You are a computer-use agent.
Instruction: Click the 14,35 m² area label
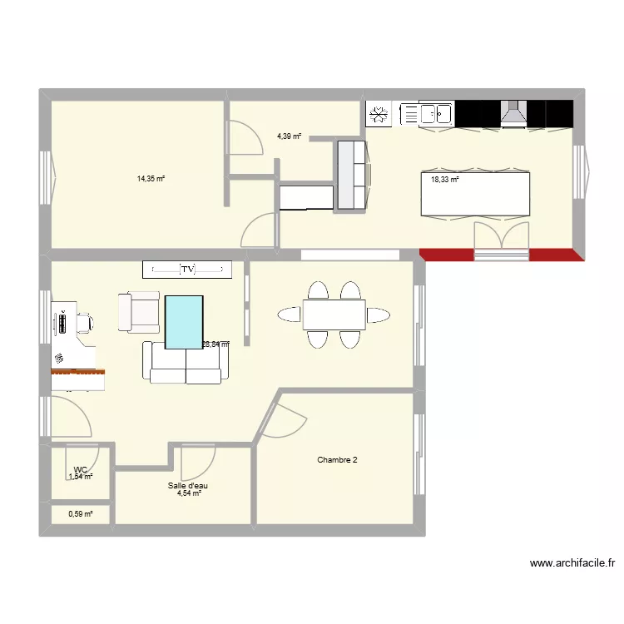point(151,178)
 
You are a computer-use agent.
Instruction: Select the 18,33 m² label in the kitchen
point(444,179)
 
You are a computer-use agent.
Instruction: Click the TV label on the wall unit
point(187,269)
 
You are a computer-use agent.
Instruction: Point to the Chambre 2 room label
point(337,460)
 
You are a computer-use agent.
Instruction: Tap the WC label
point(81,469)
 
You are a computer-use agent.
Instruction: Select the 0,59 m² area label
point(80,514)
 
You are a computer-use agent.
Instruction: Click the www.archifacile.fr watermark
point(572,563)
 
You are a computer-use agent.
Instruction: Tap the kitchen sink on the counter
point(436,113)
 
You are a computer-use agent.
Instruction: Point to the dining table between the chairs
point(333,315)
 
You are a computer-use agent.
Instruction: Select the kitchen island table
point(475,193)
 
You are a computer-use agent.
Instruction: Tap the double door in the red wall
point(501,241)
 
